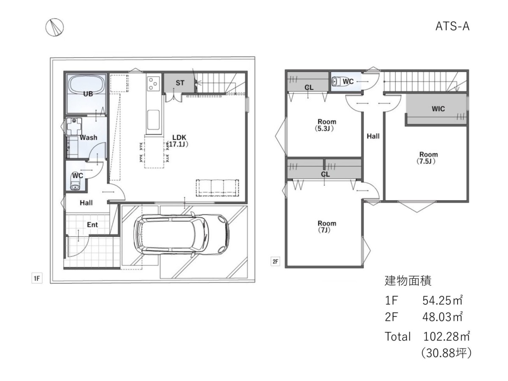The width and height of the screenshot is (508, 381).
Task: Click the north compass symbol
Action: click(54, 27)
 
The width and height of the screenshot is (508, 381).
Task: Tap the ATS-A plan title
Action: click(452, 27)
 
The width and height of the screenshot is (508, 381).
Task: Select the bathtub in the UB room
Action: click(86, 85)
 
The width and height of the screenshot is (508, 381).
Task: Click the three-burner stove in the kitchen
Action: click(153, 83)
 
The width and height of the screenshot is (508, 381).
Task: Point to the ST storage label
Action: click(180, 83)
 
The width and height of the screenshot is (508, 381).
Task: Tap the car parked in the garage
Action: click(182, 235)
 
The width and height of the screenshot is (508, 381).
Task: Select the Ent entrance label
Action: click(92, 225)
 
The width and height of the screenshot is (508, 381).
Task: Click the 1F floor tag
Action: click(37, 278)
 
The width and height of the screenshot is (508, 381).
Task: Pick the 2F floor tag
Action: click(275, 262)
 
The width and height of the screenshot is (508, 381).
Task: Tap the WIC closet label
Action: click(438, 109)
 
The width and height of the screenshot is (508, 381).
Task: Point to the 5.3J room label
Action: click(326, 125)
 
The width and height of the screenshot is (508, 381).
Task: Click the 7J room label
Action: click(326, 227)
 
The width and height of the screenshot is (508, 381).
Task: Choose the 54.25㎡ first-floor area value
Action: click(442, 301)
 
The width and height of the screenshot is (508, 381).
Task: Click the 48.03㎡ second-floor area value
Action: click(442, 317)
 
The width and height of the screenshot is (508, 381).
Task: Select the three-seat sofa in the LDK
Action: click(218, 188)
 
